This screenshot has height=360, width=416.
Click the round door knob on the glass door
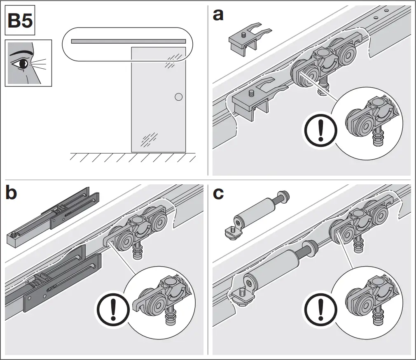click(x=178, y=97)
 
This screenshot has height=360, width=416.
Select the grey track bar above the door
click(x=128, y=41)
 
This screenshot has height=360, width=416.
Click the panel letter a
click(x=218, y=15)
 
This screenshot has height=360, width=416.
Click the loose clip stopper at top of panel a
click(x=248, y=40)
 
